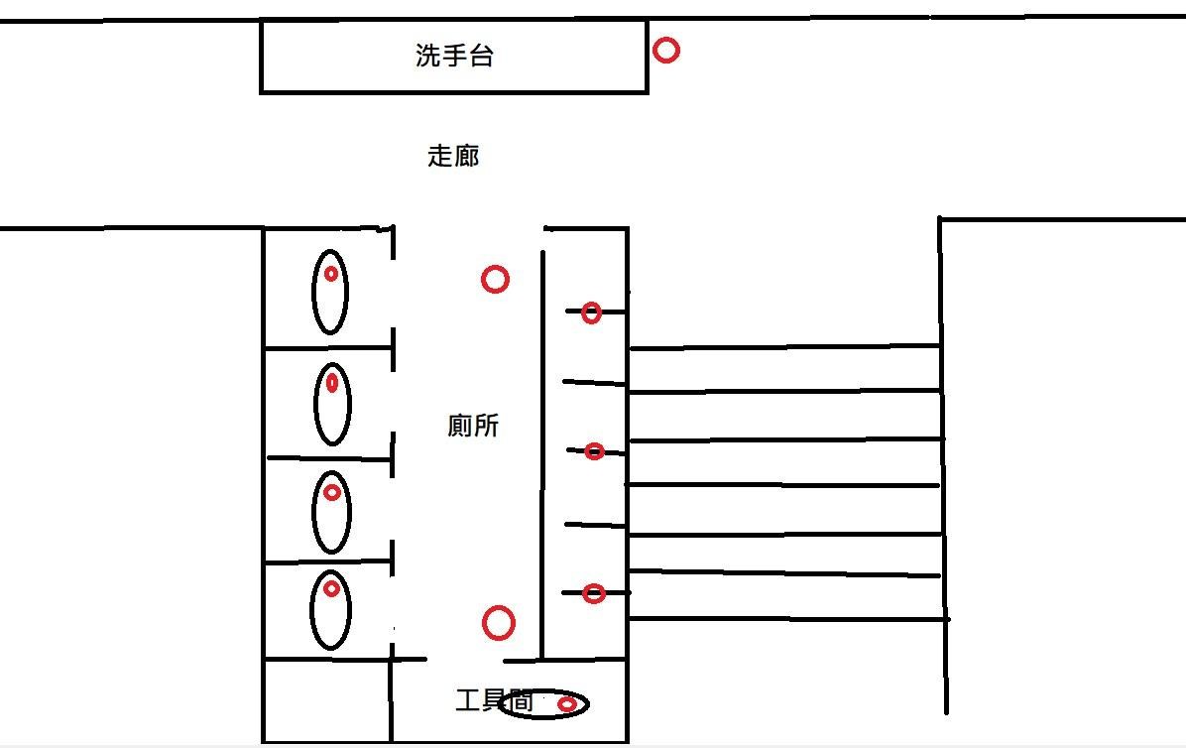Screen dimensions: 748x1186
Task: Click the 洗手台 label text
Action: tap(454, 56)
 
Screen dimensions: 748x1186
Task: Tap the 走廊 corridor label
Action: tap(453, 156)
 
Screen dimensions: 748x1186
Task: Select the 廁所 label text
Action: tap(473, 426)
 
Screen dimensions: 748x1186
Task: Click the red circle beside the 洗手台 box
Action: tap(666, 50)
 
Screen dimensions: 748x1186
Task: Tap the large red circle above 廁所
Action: tap(495, 280)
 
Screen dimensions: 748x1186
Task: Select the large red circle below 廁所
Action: tap(498, 623)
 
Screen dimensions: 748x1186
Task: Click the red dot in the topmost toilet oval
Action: tap(331, 274)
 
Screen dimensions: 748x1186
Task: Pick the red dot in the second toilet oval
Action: tap(332, 383)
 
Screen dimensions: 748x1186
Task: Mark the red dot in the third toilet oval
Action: tap(332, 492)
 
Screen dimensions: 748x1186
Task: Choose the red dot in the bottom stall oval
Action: tap(332, 589)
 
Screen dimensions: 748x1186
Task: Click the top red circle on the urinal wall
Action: tap(591, 313)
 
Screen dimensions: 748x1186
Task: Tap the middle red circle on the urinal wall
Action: tap(594, 451)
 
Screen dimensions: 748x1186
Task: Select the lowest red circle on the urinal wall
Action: tap(593, 594)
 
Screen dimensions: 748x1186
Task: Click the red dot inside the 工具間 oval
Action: tap(566, 704)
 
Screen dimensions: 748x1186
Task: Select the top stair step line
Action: tap(783, 347)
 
